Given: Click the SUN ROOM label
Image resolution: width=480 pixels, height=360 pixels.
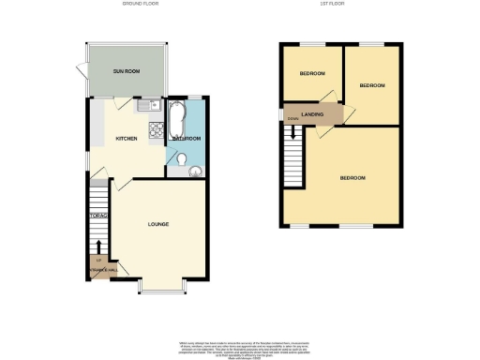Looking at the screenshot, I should pyautogui.click(x=127, y=72).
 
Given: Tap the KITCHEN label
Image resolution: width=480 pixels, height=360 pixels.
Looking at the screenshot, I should pyautogui.click(x=127, y=139).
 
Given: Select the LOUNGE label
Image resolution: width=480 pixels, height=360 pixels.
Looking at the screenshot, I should pyautogui.click(x=157, y=224).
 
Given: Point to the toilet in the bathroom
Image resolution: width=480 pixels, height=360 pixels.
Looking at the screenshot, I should pyautogui.click(x=180, y=160).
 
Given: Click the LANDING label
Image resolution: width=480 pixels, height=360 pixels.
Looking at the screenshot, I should pyautogui.click(x=313, y=114).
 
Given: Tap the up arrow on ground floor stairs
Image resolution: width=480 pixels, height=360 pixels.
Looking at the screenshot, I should pyautogui.click(x=98, y=247).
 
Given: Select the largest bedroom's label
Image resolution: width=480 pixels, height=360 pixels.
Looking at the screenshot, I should pyautogui.click(x=352, y=177).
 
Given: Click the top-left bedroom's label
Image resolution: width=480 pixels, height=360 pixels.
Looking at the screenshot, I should pyautogui.click(x=312, y=74).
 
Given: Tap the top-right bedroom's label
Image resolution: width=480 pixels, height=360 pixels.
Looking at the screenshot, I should pyautogui.click(x=372, y=85).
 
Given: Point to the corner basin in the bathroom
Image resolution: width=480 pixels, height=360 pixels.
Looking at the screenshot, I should pyautogui.click(x=195, y=171).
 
